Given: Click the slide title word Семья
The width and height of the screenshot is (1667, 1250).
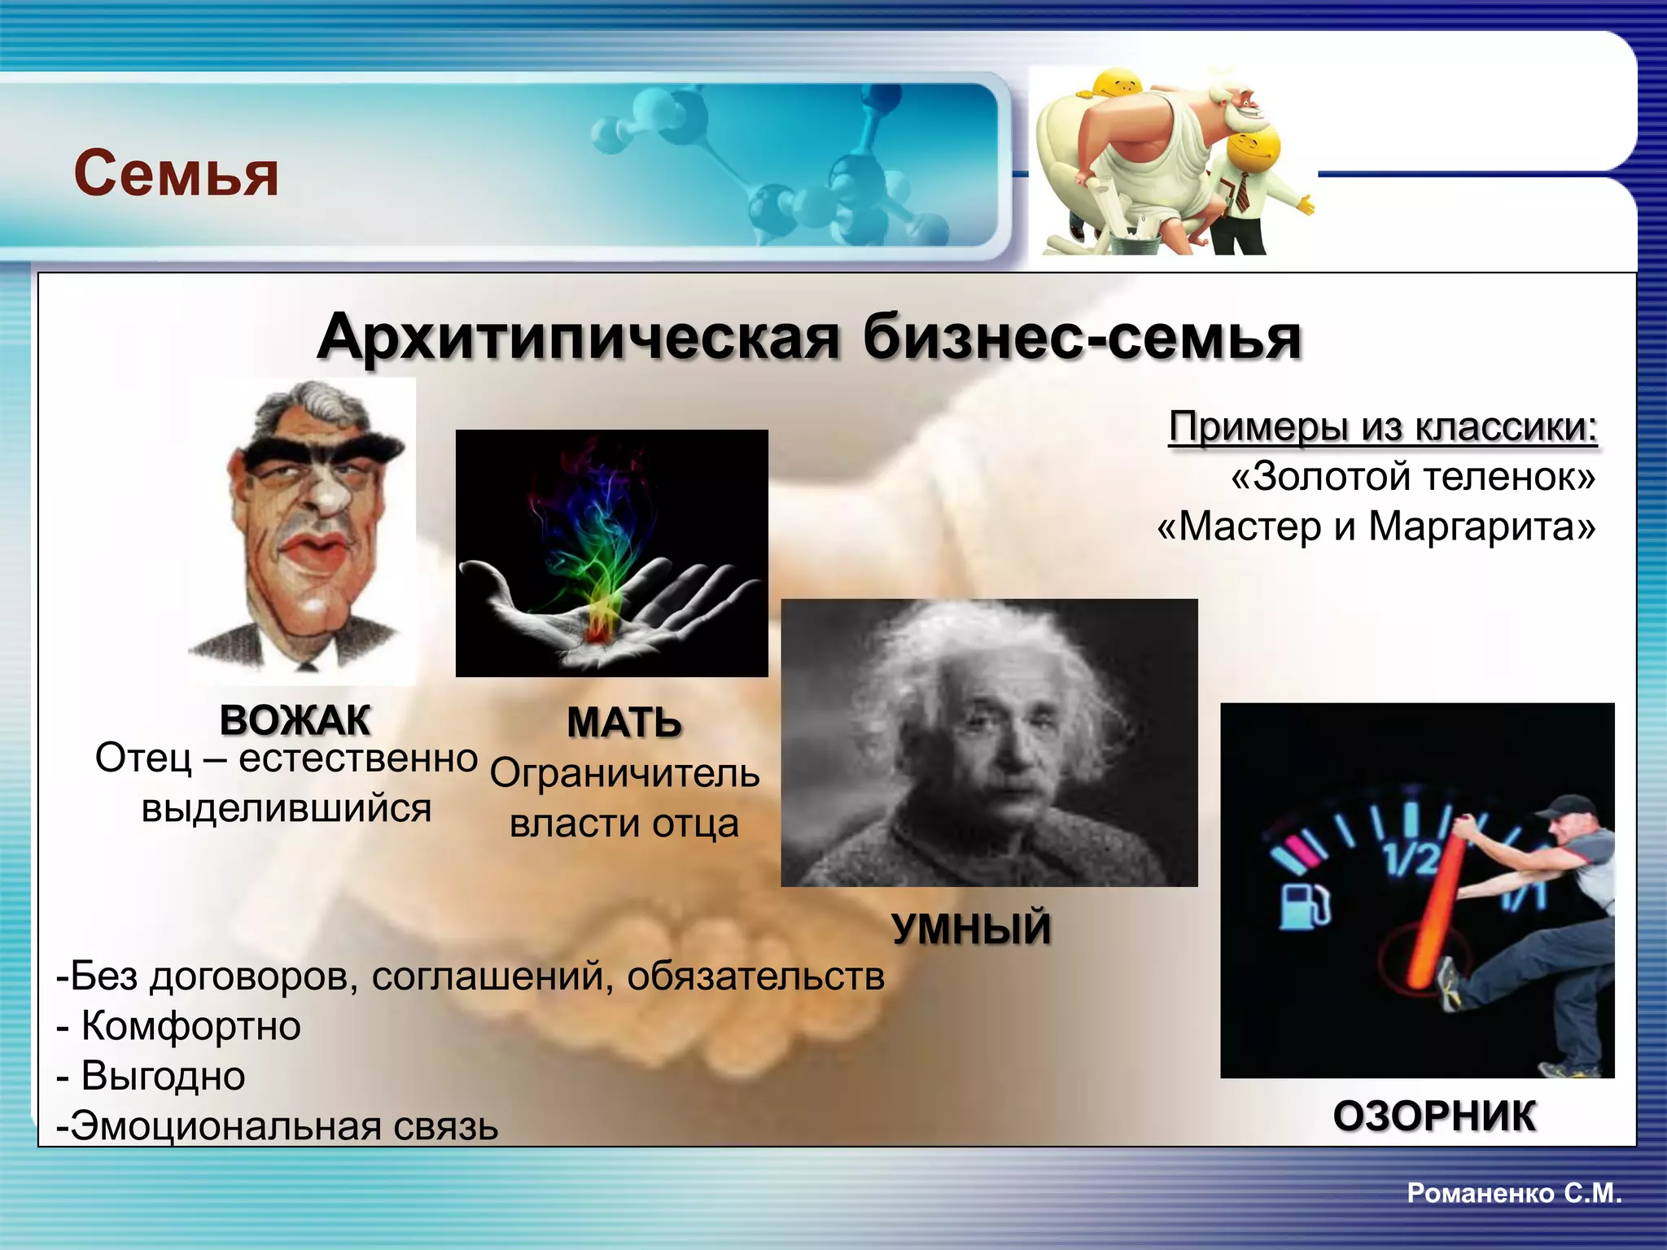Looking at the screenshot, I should pyautogui.click(x=176, y=173).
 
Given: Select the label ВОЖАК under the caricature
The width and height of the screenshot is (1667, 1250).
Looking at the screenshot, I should pyautogui.click(x=295, y=720).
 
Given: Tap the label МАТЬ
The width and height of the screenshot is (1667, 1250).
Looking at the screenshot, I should pyautogui.click(x=623, y=723).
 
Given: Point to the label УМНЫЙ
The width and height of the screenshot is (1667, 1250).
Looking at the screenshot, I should pyautogui.click(x=971, y=929).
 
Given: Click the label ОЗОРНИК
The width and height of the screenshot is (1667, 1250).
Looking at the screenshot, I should pyautogui.click(x=1434, y=1116).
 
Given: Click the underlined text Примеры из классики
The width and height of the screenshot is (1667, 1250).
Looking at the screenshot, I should pyautogui.click(x=1382, y=426).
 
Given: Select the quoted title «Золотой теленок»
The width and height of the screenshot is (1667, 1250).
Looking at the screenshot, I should pyautogui.click(x=1413, y=476).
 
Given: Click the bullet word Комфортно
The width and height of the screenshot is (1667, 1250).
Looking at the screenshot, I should pyautogui.click(x=190, y=1026).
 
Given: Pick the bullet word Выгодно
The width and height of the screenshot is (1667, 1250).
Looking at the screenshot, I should pyautogui.click(x=163, y=1076).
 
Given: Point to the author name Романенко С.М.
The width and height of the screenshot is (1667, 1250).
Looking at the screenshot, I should pyautogui.click(x=1514, y=1193).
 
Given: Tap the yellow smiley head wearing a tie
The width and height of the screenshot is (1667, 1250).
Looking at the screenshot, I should pyautogui.click(x=1253, y=151).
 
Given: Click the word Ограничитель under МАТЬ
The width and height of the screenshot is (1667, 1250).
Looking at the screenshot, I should pyautogui.click(x=624, y=773).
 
